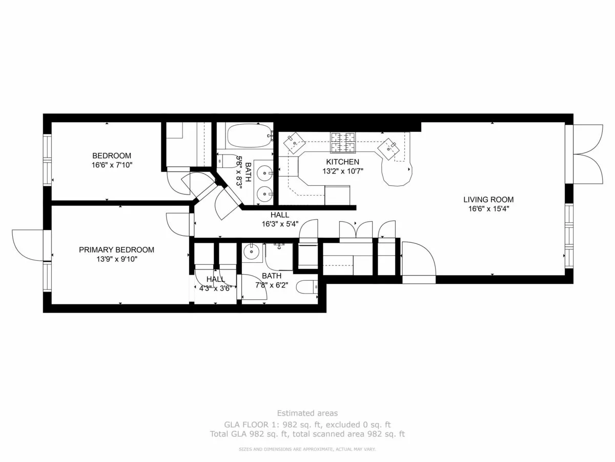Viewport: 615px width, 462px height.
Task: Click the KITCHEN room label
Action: [339, 162]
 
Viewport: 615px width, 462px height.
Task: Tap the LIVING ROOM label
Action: [488, 200]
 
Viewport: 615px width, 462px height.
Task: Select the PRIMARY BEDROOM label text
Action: [116, 250]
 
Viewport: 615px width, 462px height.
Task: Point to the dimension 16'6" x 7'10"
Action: [112, 165]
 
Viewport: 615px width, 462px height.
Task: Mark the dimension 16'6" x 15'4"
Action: [488, 209]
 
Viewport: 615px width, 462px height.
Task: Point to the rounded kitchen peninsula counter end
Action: [397, 173]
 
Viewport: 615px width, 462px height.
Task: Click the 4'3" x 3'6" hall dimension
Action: [216, 288]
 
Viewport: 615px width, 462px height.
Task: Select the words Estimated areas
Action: [307, 413]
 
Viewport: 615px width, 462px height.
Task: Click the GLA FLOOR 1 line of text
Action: [307, 425]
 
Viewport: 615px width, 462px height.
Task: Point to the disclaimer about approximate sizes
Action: [307, 449]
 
